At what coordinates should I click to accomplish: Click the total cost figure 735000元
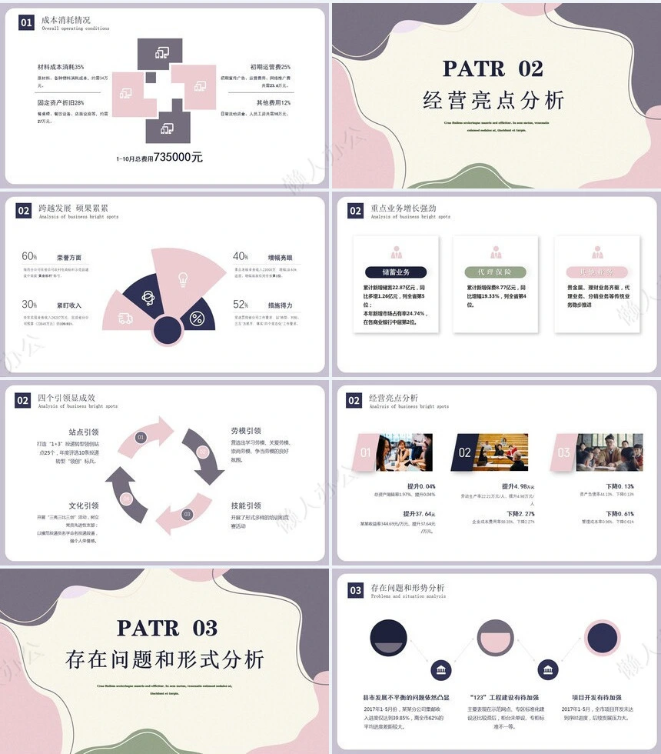[178, 157]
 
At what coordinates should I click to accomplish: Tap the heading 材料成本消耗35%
[61, 67]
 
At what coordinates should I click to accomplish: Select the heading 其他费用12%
[274, 102]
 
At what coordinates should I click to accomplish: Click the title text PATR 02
[493, 68]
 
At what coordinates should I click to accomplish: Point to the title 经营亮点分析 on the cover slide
[493, 101]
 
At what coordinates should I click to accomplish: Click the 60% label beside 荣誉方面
[29, 256]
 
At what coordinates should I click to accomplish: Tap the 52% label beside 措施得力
[241, 304]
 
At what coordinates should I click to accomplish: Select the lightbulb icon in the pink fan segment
[183, 279]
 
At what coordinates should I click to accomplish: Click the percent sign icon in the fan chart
[198, 318]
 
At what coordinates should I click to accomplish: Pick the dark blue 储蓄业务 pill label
[396, 272]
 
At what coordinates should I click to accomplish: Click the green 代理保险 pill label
[495, 272]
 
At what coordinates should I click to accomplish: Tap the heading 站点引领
[84, 432]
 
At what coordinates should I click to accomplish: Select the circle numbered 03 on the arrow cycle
[186, 513]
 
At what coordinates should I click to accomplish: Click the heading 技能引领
[246, 505]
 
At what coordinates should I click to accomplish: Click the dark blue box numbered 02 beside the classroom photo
[464, 452]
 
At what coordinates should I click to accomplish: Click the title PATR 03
[167, 627]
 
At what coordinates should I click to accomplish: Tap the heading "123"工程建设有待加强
[506, 697]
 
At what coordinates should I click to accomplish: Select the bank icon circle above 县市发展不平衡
[441, 670]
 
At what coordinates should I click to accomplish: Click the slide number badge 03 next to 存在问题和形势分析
[355, 590]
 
